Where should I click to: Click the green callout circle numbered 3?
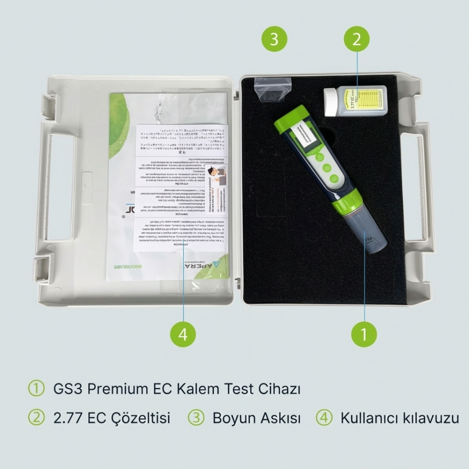coord(274,39)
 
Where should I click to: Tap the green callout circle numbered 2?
coord(357,39)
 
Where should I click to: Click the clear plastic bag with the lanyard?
coord(273,89)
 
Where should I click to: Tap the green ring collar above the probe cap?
coord(348,202)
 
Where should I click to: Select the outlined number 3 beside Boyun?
coord(196,418)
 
